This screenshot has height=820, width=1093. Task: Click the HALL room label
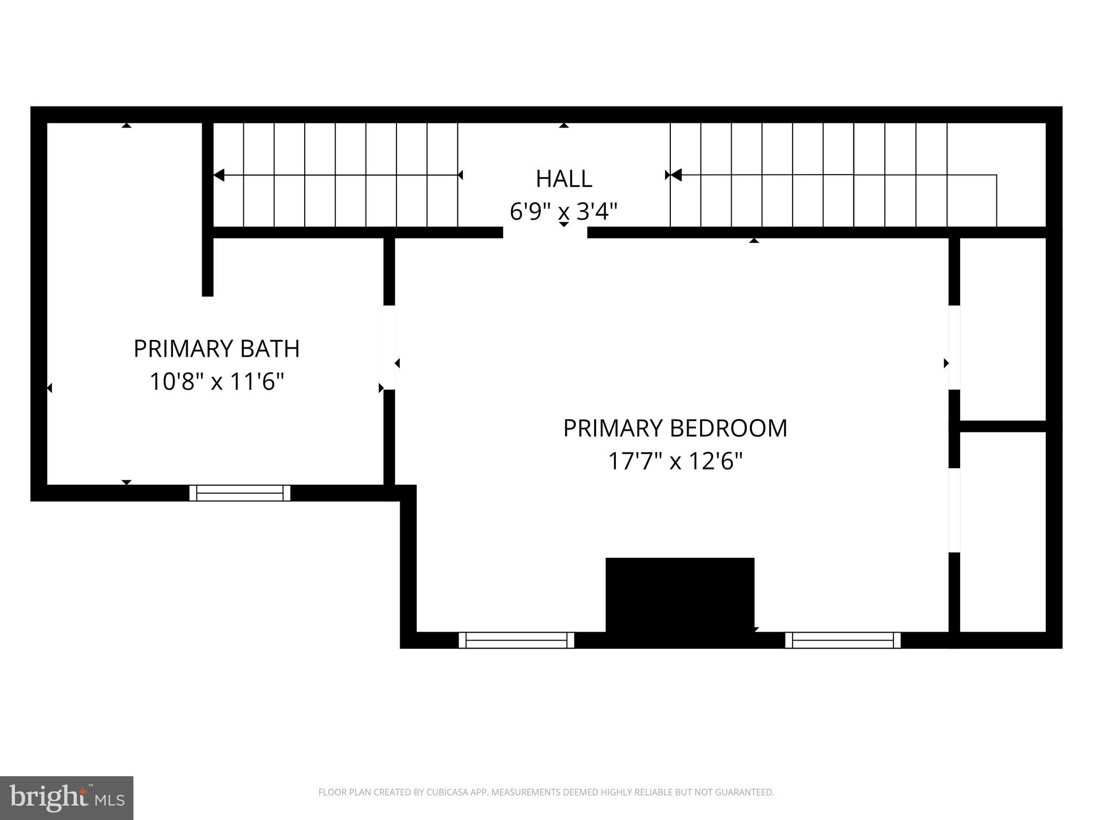(x=564, y=179)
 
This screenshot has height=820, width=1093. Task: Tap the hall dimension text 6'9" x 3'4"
(x=564, y=212)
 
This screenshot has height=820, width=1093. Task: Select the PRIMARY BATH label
(x=216, y=349)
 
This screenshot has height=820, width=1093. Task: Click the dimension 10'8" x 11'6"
(x=216, y=382)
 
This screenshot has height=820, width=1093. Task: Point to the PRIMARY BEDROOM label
(x=675, y=429)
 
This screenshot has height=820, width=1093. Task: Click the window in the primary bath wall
(x=240, y=493)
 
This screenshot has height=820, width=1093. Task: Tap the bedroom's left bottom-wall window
(x=516, y=640)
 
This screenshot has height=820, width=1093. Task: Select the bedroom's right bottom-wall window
(x=843, y=640)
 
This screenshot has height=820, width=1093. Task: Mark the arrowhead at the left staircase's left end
(x=219, y=175)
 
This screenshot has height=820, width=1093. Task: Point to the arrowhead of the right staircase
(x=676, y=175)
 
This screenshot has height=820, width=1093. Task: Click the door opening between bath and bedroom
(x=389, y=348)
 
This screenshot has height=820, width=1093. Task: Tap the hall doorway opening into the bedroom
(x=545, y=233)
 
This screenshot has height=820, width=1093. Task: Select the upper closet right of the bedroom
(x=1002, y=328)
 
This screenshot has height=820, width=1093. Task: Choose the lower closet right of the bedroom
(x=1002, y=531)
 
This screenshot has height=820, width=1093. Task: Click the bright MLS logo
(x=67, y=798)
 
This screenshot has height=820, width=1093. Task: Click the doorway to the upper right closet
(x=954, y=348)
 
